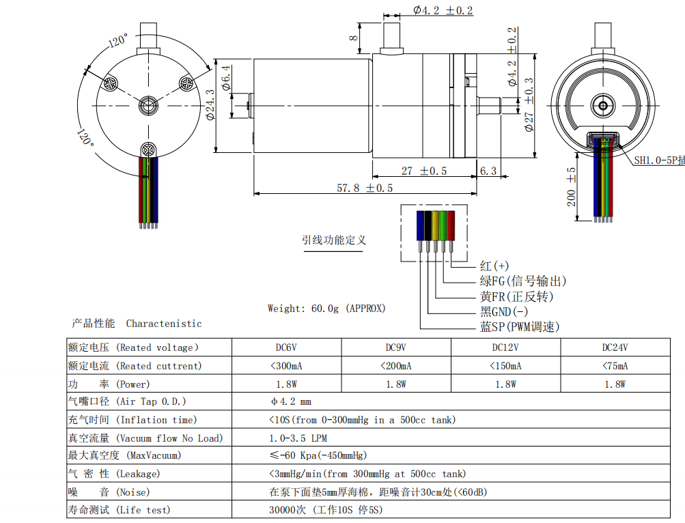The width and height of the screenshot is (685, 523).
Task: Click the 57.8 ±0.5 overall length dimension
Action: (365, 187)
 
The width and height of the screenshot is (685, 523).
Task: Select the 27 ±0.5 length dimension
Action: (423, 171)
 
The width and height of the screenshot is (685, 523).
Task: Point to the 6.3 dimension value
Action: (488, 171)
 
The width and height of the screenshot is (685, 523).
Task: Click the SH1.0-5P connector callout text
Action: (658, 160)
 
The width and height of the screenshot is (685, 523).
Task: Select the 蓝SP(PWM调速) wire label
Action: (520, 327)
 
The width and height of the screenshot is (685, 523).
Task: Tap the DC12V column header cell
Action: (505, 348)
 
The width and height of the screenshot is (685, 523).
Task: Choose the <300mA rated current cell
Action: (287, 366)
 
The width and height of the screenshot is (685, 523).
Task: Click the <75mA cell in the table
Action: (615, 366)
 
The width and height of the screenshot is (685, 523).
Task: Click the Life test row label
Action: (119, 509)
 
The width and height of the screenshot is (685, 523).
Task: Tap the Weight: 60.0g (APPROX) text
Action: (326, 309)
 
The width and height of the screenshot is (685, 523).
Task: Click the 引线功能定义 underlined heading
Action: (334, 240)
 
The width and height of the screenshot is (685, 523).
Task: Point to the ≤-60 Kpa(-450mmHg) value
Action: (318, 455)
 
